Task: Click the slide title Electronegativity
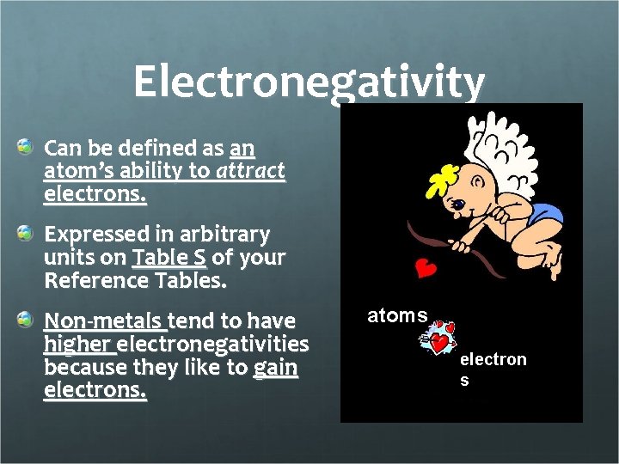309,82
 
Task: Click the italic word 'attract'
250,171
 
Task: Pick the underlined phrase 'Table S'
169,257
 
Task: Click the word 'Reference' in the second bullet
93,280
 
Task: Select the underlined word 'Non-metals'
104,321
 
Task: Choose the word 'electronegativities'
213,345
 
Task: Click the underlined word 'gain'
275,369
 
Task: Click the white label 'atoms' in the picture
397,315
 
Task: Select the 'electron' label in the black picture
493,359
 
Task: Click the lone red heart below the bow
425,269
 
